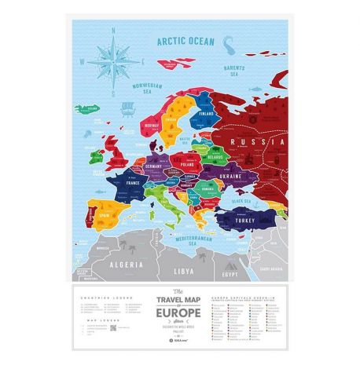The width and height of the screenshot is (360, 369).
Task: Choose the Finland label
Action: (x=208, y=112)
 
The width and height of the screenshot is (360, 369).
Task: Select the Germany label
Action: (x=154, y=166)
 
